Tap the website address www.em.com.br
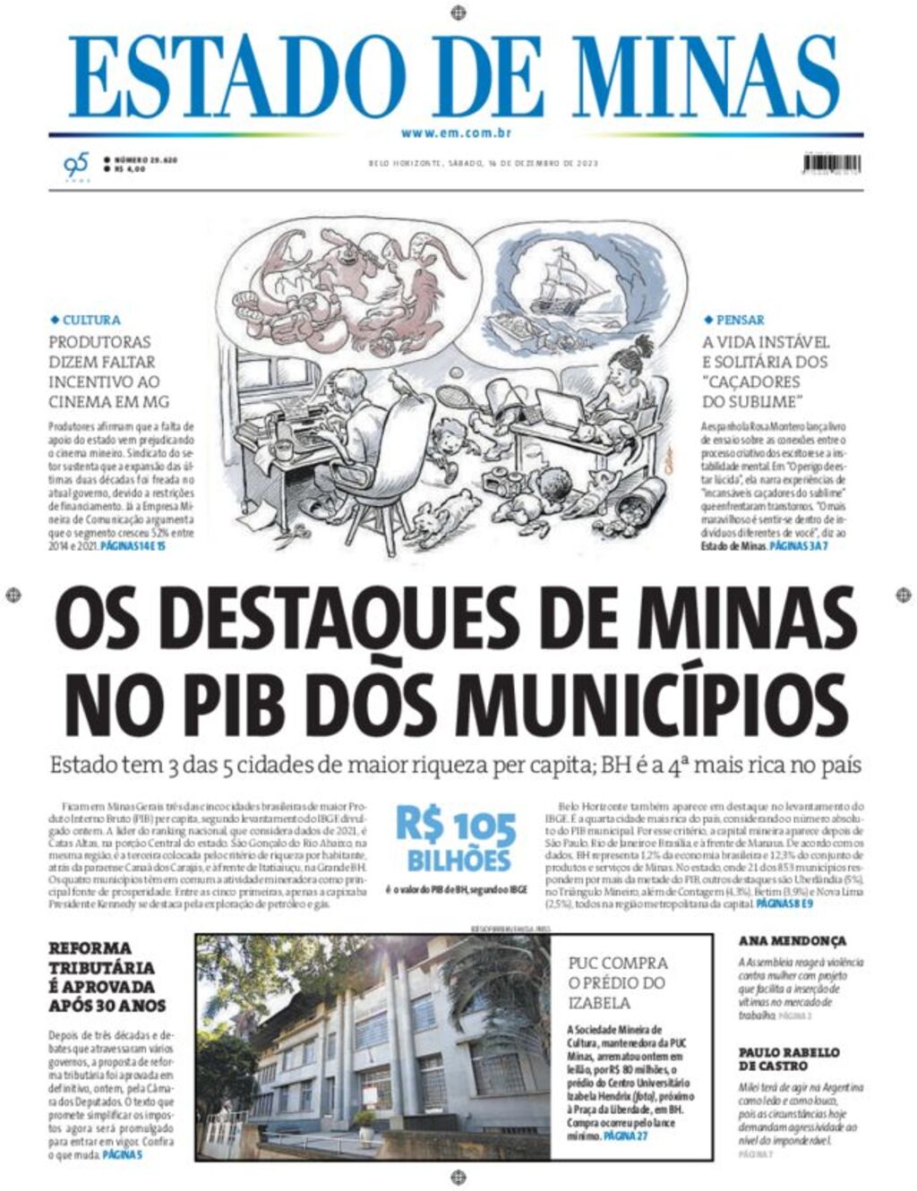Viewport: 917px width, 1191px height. pyautogui.click(x=456, y=133)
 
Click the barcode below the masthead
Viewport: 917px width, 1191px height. pyautogui.click(x=832, y=164)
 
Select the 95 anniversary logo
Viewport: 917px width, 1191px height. pyautogui.click(x=76, y=165)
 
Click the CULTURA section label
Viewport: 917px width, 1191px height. pyautogui.click(x=90, y=320)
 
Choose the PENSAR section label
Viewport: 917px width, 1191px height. pyautogui.click(x=740, y=320)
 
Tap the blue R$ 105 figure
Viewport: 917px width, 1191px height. pyautogui.click(x=457, y=826)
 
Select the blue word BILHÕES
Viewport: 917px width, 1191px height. pyautogui.click(x=458, y=861)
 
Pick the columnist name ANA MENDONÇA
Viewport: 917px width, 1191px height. pyautogui.click(x=792, y=941)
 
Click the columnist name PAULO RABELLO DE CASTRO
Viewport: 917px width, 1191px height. pyautogui.click(x=789, y=1058)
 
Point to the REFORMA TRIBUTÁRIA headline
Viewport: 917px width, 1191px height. pyautogui.click(x=107, y=976)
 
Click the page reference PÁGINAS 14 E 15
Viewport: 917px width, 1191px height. pyautogui.click(x=133, y=545)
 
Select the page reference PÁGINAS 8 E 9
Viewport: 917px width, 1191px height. pyautogui.click(x=784, y=905)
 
